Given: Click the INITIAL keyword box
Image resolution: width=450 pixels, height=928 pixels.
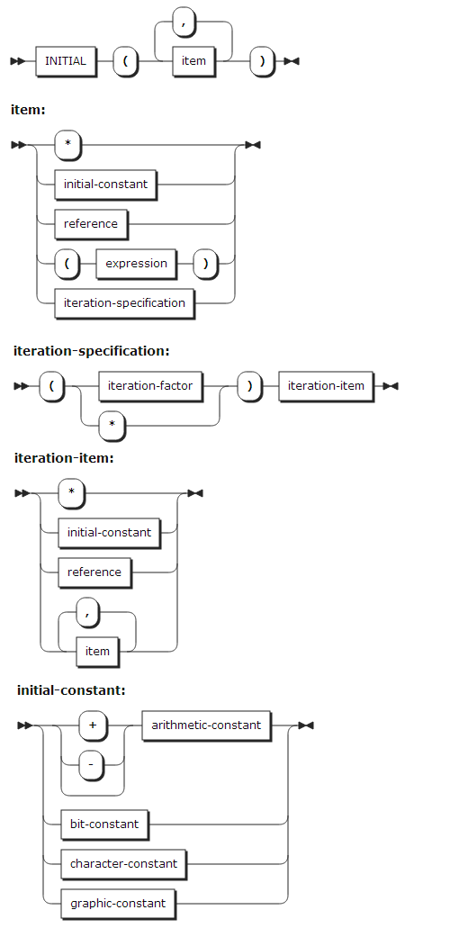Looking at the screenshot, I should (x=66, y=61).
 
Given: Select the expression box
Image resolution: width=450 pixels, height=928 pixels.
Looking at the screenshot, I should (x=136, y=264).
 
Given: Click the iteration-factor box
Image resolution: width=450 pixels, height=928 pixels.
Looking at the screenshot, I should (x=150, y=386).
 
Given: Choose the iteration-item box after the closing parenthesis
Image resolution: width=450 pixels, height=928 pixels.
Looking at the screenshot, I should (x=326, y=386).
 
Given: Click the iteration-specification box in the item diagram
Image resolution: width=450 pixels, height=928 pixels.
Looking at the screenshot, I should (x=124, y=303).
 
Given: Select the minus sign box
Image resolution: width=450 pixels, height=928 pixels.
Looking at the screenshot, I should (x=91, y=765).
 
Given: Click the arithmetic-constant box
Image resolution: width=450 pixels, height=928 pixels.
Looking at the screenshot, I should (x=206, y=725).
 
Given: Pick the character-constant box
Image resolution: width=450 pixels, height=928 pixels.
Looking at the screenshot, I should (x=123, y=864).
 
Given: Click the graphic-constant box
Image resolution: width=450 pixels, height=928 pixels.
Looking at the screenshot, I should (x=118, y=903).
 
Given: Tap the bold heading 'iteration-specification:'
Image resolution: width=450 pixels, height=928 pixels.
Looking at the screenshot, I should (x=91, y=350).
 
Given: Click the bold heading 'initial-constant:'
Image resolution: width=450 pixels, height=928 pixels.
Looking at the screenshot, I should (x=71, y=690).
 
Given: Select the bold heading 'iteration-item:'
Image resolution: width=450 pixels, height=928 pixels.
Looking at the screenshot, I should (x=64, y=458).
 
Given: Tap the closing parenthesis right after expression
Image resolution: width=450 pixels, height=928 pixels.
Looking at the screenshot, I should (x=205, y=264).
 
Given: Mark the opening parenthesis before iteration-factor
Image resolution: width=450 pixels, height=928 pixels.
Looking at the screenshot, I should (x=52, y=386).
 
